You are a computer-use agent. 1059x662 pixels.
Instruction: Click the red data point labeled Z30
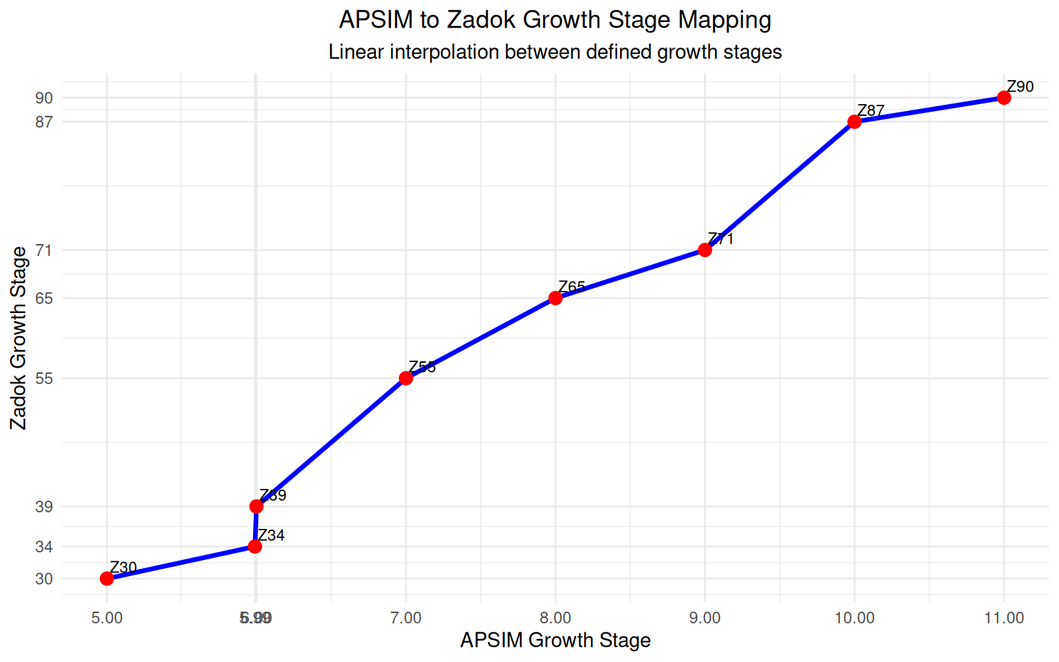[x=107, y=579]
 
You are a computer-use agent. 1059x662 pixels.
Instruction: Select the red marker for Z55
[x=406, y=378]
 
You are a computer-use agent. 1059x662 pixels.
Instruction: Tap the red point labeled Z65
[x=556, y=298]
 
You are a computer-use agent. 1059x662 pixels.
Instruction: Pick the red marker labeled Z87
[x=854, y=122]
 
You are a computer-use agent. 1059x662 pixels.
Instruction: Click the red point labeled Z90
[x=1004, y=98]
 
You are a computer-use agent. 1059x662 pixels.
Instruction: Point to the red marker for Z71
[x=705, y=250]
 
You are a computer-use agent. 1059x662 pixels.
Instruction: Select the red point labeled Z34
[x=255, y=547]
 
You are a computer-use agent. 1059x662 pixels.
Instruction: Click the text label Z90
[x=1020, y=87]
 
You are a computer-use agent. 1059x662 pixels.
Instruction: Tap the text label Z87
[x=870, y=111]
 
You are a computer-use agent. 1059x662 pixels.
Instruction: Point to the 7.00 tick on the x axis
[x=406, y=618]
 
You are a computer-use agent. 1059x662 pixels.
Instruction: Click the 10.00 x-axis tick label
[x=854, y=618]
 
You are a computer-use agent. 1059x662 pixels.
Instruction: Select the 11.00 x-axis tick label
[x=1004, y=618]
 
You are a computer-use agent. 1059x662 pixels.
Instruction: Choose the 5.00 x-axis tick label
[x=107, y=618]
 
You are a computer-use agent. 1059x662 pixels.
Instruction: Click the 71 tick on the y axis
[x=44, y=250]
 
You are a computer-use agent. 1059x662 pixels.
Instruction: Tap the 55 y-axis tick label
[x=44, y=379]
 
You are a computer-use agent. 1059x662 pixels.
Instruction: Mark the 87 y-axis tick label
[x=44, y=122]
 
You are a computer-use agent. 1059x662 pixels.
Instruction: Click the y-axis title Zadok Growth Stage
[x=19, y=338]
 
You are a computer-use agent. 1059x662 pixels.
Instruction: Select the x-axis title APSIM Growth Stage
[x=555, y=641]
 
